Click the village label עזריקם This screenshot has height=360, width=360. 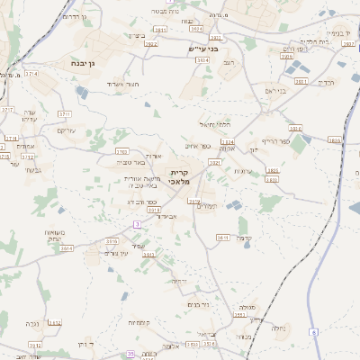67,130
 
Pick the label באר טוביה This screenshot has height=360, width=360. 132,162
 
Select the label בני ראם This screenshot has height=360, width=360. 274,91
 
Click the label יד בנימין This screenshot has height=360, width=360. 334,31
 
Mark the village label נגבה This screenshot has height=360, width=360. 32,322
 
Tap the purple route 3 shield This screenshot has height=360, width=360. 136,223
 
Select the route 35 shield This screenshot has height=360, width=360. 130,355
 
